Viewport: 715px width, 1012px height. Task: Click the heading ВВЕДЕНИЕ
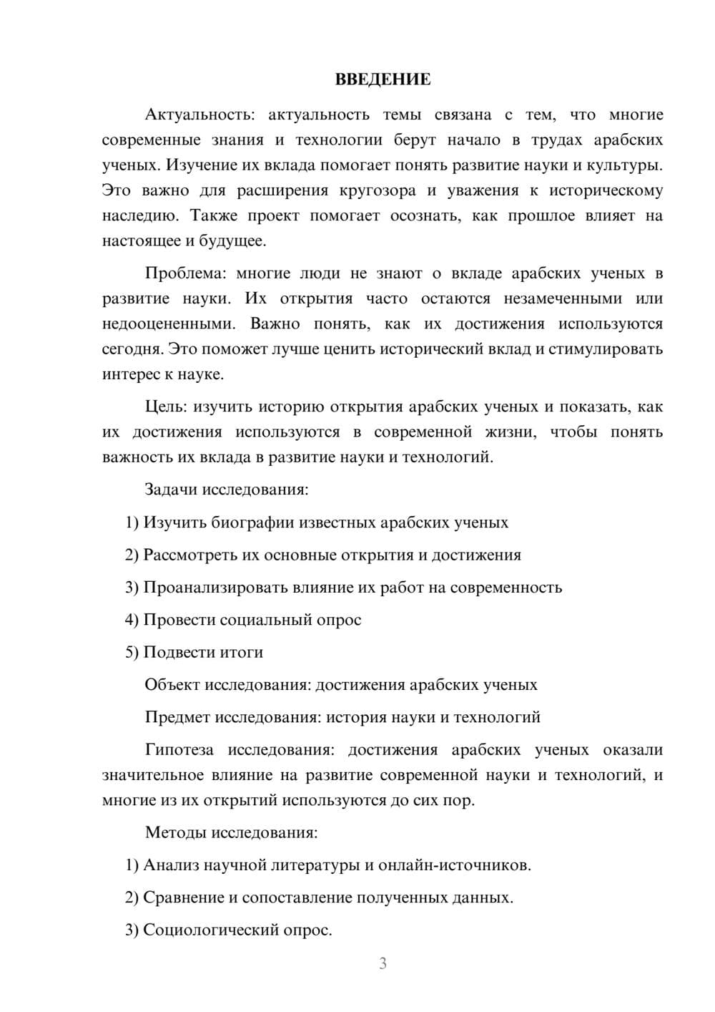point(383,79)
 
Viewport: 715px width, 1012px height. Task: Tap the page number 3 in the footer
point(383,963)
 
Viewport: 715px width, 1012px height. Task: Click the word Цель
point(165,407)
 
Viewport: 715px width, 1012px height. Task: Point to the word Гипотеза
point(179,749)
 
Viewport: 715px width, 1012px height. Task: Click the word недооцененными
point(169,323)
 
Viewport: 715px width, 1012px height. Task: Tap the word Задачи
point(171,490)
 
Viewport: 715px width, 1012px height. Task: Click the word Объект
point(172,684)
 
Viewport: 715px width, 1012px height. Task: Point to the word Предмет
point(177,717)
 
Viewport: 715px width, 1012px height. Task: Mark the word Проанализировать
point(215,588)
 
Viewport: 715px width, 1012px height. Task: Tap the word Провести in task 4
point(179,620)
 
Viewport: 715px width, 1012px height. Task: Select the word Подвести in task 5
point(181,652)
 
